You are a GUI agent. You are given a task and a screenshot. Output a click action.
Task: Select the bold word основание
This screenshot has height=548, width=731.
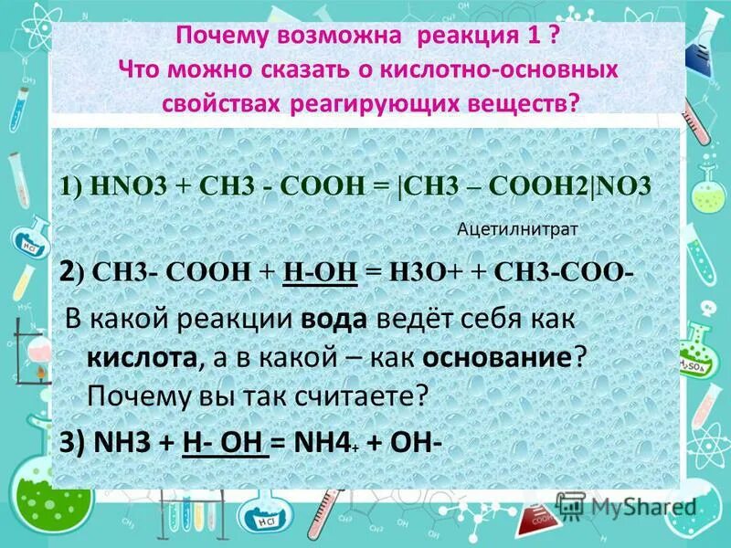click(x=499, y=357)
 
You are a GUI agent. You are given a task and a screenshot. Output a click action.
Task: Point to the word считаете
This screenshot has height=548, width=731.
click(x=360, y=395)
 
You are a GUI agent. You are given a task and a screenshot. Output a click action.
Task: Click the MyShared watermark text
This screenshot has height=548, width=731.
click(x=643, y=507)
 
